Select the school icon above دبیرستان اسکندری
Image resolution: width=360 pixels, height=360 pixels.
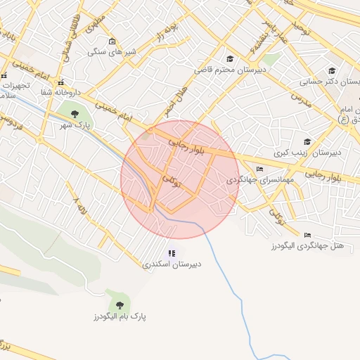click(172, 253)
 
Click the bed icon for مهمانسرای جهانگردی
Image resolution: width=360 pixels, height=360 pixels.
click(260, 169)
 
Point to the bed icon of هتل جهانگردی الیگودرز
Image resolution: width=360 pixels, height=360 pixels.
click(307, 235)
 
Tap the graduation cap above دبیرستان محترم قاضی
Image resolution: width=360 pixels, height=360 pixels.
click(229, 59)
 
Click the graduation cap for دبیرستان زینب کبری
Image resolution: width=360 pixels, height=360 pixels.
click(307, 140)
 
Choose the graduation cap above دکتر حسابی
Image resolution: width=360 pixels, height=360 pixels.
click(332, 70)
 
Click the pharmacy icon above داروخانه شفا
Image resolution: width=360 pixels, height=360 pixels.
click(61, 82)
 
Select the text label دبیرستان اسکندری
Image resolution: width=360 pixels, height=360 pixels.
click(172, 265)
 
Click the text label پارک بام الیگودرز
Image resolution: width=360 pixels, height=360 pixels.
click(119, 317)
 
